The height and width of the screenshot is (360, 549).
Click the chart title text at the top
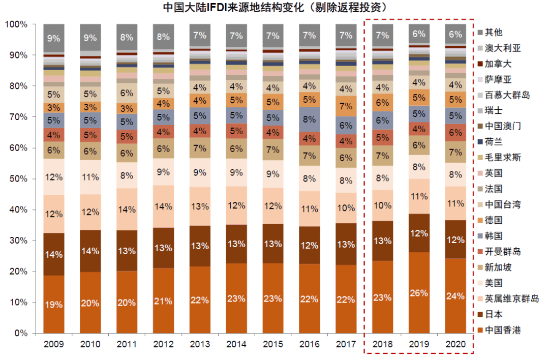(274, 8)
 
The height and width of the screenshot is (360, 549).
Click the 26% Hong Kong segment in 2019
(419, 293)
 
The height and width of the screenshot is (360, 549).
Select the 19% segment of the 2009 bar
(53, 305)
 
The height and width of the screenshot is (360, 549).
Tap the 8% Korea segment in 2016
(309, 119)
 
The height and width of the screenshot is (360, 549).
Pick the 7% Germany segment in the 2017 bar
(346, 106)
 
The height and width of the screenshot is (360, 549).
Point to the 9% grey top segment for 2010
(90, 37)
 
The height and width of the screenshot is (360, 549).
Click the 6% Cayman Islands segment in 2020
(455, 132)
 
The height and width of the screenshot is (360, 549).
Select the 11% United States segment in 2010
(90, 177)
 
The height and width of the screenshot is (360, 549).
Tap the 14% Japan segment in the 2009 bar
(53, 254)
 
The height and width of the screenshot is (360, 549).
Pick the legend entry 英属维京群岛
(511, 298)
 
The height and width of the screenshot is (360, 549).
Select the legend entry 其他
(494, 33)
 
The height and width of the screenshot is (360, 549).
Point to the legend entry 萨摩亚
(498, 79)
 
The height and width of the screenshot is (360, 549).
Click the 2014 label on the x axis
(236, 344)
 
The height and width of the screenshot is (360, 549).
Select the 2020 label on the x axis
(455, 344)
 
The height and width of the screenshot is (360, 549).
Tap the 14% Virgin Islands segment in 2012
(163, 206)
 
